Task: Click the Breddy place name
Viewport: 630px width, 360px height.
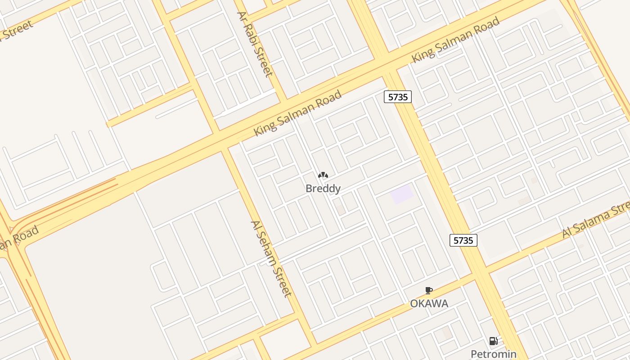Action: pyautogui.click(x=323, y=189)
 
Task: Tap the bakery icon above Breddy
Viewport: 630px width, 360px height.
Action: pyautogui.click(x=323, y=175)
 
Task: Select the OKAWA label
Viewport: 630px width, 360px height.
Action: pyautogui.click(x=429, y=304)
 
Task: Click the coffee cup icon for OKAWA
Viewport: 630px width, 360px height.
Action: pyautogui.click(x=429, y=291)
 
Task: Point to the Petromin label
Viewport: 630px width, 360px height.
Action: pyautogui.click(x=493, y=354)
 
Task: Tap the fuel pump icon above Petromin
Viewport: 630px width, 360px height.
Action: pyautogui.click(x=493, y=341)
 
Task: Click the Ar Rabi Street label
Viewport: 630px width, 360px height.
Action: pyautogui.click(x=255, y=44)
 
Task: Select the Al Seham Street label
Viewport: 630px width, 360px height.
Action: pyautogui.click(x=271, y=258)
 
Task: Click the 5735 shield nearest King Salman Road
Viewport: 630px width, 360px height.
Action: pyautogui.click(x=398, y=96)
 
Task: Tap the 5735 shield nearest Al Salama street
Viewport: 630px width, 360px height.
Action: pyautogui.click(x=463, y=240)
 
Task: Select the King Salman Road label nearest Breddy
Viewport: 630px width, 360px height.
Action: pyautogui.click(x=297, y=113)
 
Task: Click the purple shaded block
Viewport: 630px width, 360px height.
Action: pyautogui.click(x=401, y=194)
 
